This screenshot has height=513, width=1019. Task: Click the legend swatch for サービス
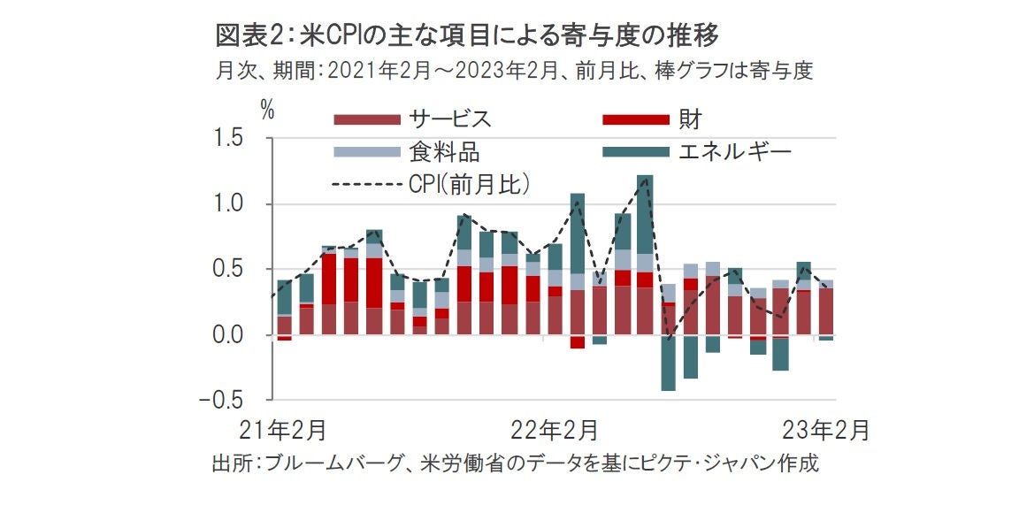365,119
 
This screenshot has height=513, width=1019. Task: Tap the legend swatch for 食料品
365,152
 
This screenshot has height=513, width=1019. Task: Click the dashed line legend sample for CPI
365,184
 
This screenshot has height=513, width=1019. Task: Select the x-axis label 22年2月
554,432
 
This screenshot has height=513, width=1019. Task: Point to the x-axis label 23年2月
828,432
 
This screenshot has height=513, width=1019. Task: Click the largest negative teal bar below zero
668,364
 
